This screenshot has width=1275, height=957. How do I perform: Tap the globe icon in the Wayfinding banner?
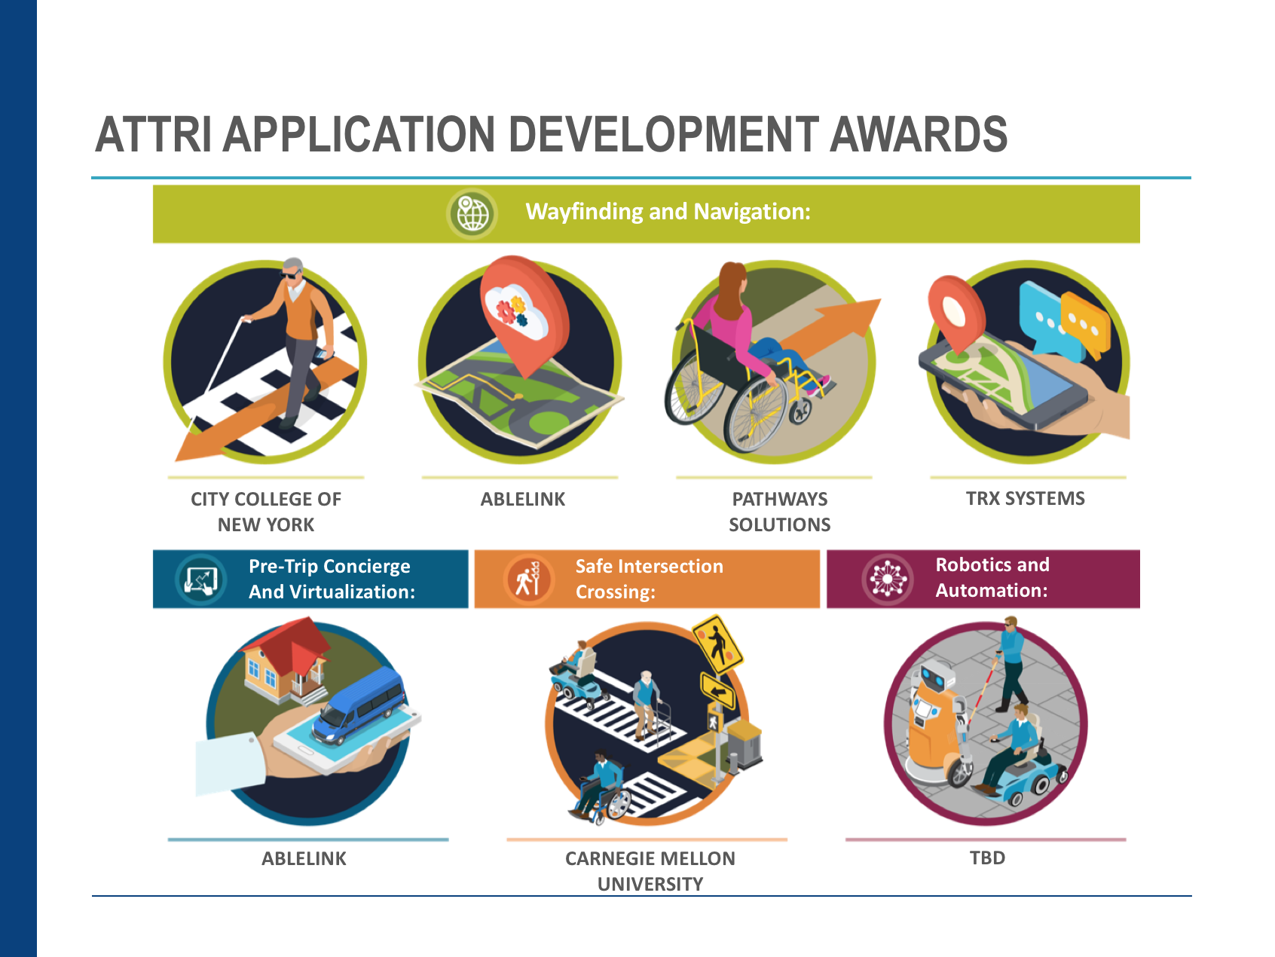click(472, 214)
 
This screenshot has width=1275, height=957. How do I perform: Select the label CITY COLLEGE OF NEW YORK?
click(266, 512)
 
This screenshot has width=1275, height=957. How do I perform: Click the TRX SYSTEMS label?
click(1026, 498)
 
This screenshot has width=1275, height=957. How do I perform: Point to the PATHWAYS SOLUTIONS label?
click(780, 512)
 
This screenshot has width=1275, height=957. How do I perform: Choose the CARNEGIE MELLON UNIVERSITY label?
click(650, 871)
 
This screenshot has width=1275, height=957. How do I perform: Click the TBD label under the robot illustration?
click(987, 858)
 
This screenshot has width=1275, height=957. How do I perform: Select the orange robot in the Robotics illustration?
click(934, 723)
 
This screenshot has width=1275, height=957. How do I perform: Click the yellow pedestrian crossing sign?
click(717, 645)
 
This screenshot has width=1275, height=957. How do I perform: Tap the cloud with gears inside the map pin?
click(517, 309)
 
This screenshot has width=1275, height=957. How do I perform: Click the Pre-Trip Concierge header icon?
click(200, 579)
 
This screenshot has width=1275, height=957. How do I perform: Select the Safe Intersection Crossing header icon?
click(527, 579)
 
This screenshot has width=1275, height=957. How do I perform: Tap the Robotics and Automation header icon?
click(888, 579)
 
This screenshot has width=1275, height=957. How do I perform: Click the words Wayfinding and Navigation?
click(668, 212)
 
